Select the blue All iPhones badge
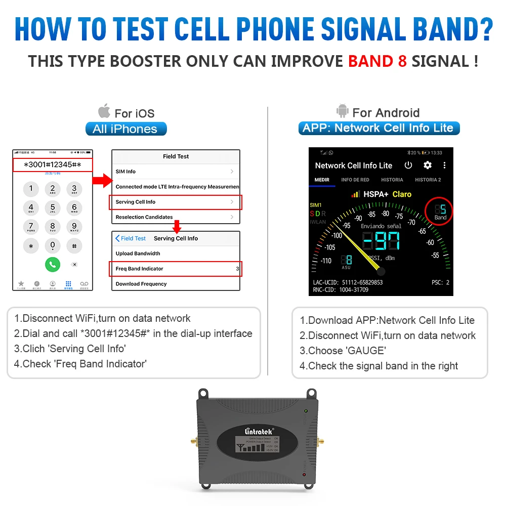point(125,129)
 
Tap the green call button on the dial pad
point(52,264)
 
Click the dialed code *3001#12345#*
point(53,165)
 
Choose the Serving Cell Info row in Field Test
point(176,202)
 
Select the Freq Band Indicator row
point(176,269)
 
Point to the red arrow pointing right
point(103,180)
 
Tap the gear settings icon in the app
point(428,165)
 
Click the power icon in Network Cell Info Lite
point(408,165)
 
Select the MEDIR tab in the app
point(322,180)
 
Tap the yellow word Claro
point(402,194)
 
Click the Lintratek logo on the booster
point(258,431)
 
